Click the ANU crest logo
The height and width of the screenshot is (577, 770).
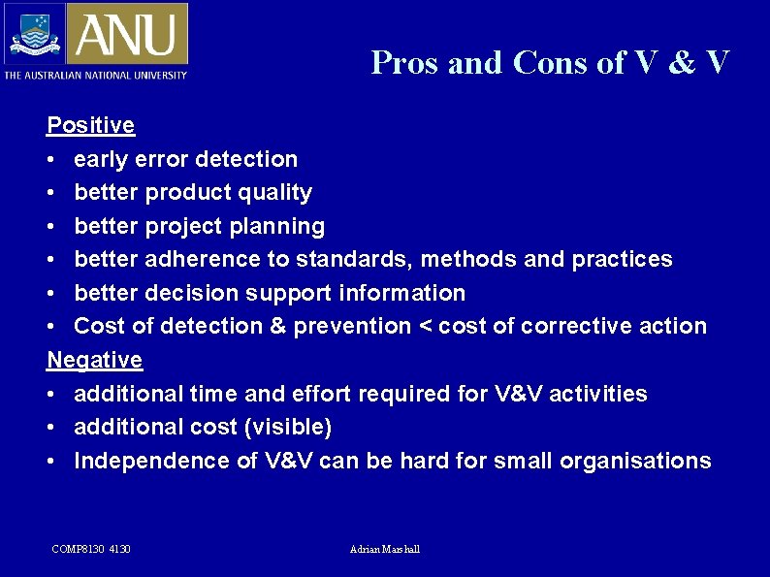34,34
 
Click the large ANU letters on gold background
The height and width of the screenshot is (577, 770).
127,34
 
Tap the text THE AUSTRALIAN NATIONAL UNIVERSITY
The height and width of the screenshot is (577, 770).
95,75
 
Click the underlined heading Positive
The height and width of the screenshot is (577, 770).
91,125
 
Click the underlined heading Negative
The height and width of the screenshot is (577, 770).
95,360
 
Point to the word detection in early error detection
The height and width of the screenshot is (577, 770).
250,159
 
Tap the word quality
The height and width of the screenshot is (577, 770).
274,192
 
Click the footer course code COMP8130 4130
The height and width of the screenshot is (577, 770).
91,550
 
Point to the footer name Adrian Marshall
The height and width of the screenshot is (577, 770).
385,550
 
